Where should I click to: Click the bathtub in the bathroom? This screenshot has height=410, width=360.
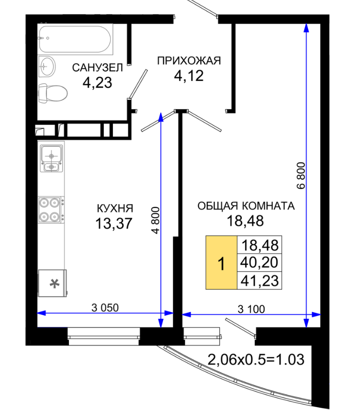click(x=75, y=39)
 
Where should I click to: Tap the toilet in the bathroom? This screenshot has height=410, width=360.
click(x=53, y=93)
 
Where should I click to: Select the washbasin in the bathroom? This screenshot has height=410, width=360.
click(x=47, y=66)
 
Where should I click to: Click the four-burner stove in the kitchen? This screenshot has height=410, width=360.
click(x=51, y=210)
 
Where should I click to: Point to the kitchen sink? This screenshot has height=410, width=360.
click(x=52, y=159)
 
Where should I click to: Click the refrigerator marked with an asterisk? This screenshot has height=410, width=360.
click(x=52, y=283)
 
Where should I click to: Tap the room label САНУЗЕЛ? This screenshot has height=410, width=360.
click(x=97, y=68)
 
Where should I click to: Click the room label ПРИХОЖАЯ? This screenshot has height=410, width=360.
click(x=189, y=61)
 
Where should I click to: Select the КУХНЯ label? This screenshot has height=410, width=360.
click(x=115, y=208)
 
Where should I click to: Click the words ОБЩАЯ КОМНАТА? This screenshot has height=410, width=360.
click(x=246, y=206)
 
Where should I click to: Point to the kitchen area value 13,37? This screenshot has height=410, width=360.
click(x=114, y=223)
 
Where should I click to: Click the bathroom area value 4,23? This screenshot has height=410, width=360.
click(x=97, y=82)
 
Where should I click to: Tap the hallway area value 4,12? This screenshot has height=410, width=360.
click(x=189, y=76)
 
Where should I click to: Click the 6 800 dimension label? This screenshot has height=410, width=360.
click(x=301, y=176)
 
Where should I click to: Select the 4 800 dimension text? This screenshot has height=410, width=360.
click(x=155, y=220)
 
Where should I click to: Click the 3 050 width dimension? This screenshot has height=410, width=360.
click(x=105, y=308)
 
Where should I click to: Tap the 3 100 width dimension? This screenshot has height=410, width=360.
click(x=251, y=309)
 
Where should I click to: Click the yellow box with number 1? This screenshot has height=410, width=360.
click(x=222, y=262)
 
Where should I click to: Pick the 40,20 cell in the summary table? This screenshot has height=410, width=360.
click(x=259, y=262)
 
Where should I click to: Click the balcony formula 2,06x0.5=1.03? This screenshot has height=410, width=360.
click(x=256, y=359)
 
